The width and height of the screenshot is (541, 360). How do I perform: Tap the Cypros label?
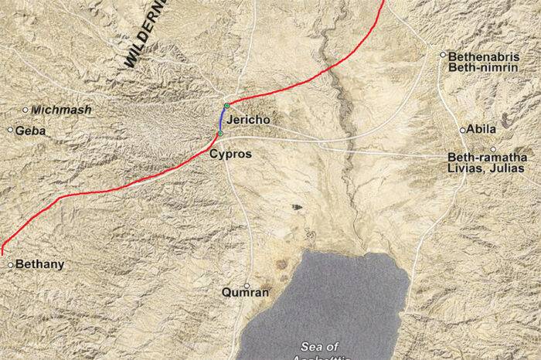click(x=230, y=155)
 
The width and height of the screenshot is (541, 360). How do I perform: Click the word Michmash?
click(x=63, y=110)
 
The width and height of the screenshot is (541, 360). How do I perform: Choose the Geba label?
click(x=31, y=131)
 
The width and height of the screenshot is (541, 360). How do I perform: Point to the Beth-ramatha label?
click(x=482, y=157)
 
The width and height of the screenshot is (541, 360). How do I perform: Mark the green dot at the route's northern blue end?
click(x=226, y=105)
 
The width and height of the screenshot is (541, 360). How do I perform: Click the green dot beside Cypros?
click(x=220, y=134)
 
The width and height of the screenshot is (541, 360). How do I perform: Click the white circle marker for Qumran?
click(x=247, y=285)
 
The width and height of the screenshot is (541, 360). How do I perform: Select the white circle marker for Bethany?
click(x=10, y=265)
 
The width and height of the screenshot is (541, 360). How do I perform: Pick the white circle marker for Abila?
click(x=463, y=130)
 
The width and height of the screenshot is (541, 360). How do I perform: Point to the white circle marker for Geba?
click(x=10, y=130)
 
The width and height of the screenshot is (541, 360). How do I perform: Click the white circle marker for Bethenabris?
click(x=443, y=55)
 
